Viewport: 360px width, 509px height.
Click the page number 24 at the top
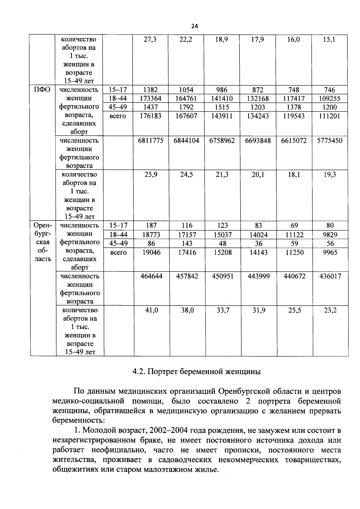[194, 26]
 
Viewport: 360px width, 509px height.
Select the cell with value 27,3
[150, 39]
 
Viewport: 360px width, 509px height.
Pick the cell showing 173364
[151, 98]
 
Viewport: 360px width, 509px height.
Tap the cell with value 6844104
[186, 141]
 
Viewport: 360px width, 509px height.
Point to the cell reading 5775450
[330, 141]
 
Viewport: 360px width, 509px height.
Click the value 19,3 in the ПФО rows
[330, 174]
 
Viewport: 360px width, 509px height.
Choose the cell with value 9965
[330, 252]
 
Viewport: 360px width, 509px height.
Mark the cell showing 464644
[151, 276]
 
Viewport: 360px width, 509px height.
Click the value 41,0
[151, 310]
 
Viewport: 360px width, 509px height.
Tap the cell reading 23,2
[330, 310]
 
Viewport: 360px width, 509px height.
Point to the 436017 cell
[330, 276]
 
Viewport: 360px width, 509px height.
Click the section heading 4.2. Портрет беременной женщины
[196, 372]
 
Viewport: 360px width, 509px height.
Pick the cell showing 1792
[186, 107]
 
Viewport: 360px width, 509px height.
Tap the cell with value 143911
[222, 116]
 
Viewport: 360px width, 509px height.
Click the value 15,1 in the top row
[329, 39]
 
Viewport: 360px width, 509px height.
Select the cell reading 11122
[294, 235]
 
